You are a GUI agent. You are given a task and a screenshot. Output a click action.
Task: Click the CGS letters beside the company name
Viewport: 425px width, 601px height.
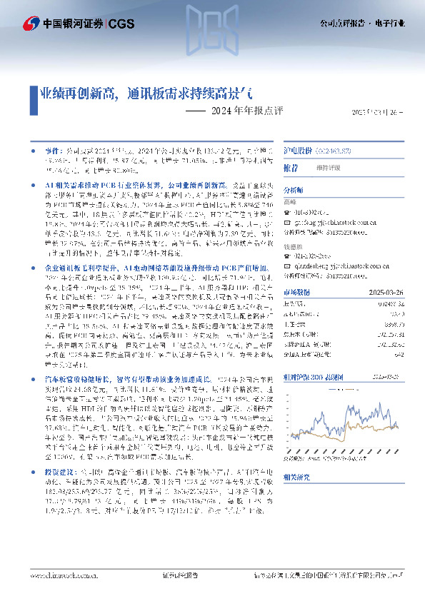120,23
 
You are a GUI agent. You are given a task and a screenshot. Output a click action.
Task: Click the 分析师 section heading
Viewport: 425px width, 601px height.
294,191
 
